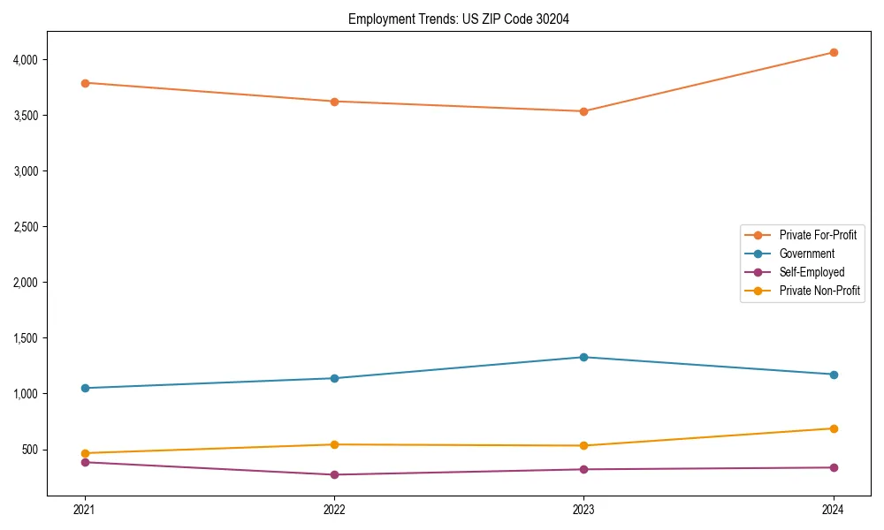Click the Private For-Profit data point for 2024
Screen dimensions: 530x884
(834, 52)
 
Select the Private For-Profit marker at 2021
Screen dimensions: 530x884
(85, 83)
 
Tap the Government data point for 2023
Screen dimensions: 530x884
(584, 357)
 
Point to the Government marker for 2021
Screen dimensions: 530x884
(85, 388)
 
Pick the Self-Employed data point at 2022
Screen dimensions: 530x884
(334, 474)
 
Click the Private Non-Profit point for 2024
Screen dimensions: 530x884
(834, 428)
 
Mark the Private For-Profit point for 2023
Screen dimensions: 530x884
(584, 111)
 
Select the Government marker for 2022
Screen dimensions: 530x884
(334, 378)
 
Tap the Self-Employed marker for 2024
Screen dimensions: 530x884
(834, 467)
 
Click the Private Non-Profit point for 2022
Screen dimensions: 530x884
(334, 444)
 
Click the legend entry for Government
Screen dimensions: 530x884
(806, 254)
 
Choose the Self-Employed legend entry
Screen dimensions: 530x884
(812, 272)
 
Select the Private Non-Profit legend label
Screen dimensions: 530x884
(819, 291)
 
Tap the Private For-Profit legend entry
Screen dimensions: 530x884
(818, 235)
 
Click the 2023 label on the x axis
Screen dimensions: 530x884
(584, 509)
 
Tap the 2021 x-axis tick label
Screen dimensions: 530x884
(85, 509)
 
